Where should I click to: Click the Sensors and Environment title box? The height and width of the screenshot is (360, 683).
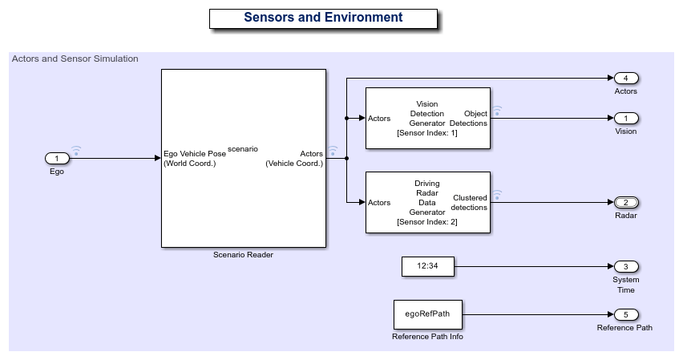click(323, 18)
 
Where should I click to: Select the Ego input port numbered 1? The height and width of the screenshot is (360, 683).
click(57, 158)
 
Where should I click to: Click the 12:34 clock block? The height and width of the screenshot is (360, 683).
click(427, 266)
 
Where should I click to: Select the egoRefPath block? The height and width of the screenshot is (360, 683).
click(427, 314)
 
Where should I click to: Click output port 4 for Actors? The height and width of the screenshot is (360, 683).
click(625, 79)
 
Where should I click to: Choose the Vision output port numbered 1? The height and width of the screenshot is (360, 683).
click(625, 119)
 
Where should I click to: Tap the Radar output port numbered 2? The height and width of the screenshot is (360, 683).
click(625, 202)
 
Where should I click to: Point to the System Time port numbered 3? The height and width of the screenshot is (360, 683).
click(625, 266)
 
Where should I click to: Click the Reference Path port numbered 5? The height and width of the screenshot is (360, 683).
click(625, 314)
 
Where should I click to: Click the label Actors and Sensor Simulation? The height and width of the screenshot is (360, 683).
click(75, 59)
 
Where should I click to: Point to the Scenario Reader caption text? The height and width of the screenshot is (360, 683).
click(243, 256)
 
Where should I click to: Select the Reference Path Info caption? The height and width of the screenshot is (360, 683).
click(427, 337)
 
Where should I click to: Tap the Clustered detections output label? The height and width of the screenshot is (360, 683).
click(469, 202)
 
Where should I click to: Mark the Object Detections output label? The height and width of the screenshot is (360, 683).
click(469, 119)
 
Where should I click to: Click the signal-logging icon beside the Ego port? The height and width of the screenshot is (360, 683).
click(76, 150)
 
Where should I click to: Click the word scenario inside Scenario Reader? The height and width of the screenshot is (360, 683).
click(243, 149)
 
